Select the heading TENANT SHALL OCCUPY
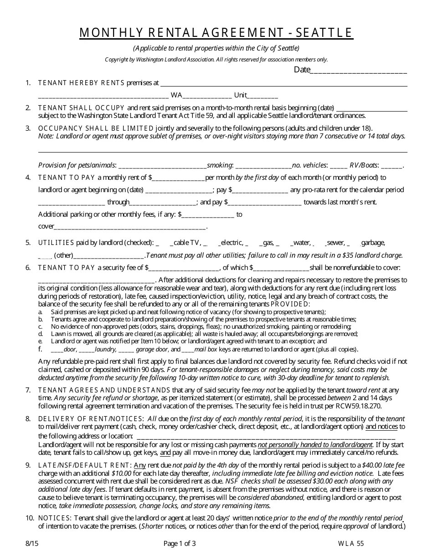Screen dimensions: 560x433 click(x=81, y=108)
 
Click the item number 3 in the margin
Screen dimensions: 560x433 click(x=28, y=128)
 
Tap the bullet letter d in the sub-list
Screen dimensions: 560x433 click(x=41, y=334)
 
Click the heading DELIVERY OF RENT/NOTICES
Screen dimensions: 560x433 click(x=91, y=419)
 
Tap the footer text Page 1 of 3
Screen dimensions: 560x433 click(x=180, y=543)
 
